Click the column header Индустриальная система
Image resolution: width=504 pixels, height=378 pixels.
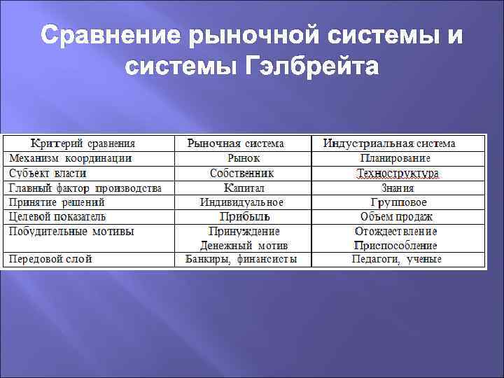(x=389, y=143)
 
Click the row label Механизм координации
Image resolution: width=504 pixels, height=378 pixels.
(x=71, y=158)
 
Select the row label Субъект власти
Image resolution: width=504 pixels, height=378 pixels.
(x=48, y=173)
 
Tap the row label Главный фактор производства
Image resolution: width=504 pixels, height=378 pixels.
(x=85, y=188)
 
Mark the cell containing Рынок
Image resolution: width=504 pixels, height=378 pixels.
(x=244, y=158)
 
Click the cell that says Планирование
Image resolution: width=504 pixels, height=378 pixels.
(x=396, y=158)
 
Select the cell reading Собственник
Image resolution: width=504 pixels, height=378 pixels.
(x=242, y=173)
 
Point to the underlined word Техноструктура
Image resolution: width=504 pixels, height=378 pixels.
(x=397, y=173)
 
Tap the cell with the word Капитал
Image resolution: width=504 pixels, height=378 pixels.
(x=244, y=188)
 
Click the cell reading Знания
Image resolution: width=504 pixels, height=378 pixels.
(x=397, y=188)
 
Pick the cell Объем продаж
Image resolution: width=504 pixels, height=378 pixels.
(x=397, y=216)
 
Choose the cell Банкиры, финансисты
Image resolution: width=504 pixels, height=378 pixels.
(x=241, y=259)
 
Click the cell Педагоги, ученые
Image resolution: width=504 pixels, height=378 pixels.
(x=397, y=259)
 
